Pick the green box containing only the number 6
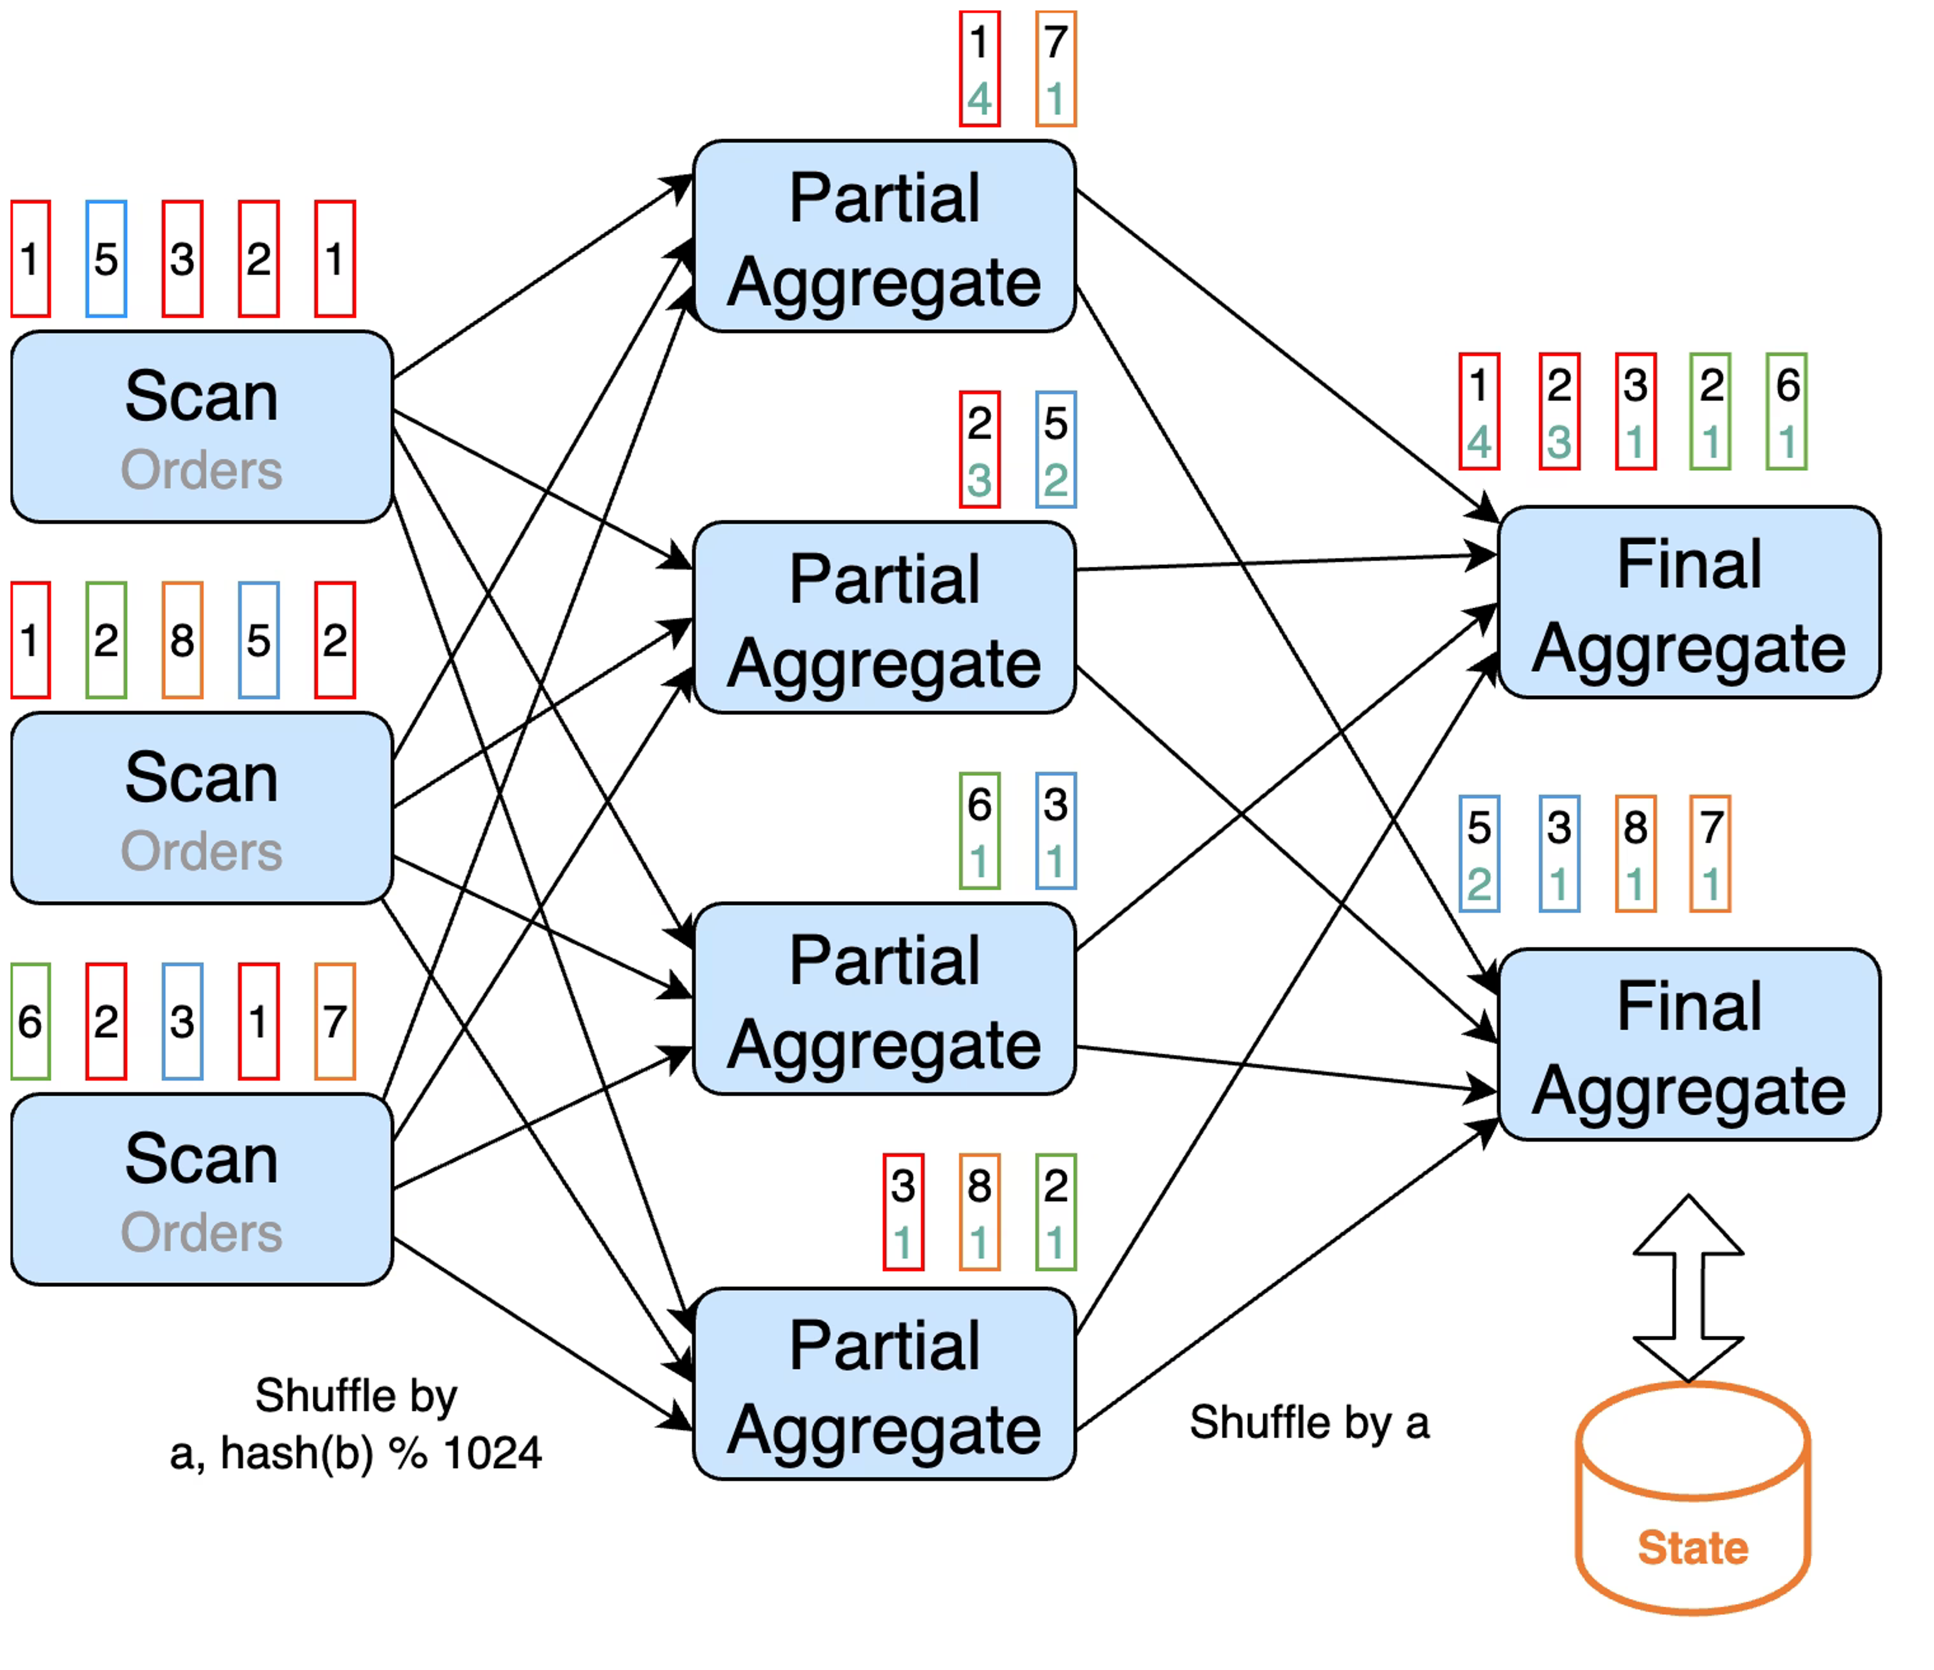click(31, 1022)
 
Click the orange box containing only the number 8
click(183, 640)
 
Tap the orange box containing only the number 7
click(335, 1022)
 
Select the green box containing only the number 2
click(106, 640)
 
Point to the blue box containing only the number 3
click(183, 1022)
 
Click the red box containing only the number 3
click(183, 258)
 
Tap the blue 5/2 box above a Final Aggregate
click(1479, 854)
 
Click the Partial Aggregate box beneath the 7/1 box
click(885, 236)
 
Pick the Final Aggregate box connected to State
click(1689, 1045)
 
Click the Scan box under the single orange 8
click(201, 808)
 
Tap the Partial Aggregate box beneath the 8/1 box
click(885, 1384)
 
